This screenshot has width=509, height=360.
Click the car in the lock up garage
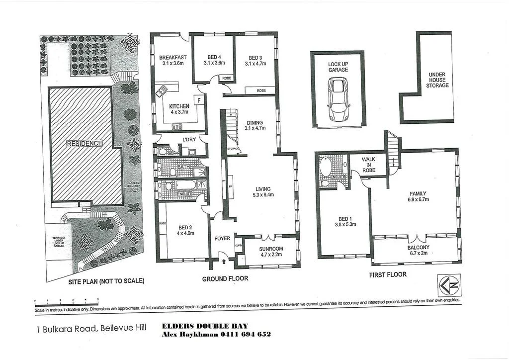tap(339, 99)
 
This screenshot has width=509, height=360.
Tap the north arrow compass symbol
tap(449, 285)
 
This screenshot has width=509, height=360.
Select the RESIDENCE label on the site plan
tap(85, 143)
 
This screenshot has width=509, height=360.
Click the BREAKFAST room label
tap(172, 58)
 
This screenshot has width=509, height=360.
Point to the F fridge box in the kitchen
tap(199, 100)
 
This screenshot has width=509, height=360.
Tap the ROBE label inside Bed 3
tap(261, 90)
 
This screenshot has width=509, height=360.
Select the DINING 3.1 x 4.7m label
tap(255, 125)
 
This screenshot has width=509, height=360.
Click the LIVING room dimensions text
tap(263, 194)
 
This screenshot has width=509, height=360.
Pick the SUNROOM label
tap(271, 249)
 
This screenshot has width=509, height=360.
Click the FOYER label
tap(222, 239)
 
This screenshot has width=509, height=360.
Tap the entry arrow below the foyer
tap(223, 261)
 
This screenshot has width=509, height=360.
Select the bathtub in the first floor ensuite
tap(326, 166)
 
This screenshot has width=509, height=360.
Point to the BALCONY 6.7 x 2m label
tap(418, 250)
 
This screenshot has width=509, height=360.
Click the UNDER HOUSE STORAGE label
tap(437, 80)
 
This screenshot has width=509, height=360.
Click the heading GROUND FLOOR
tap(225, 279)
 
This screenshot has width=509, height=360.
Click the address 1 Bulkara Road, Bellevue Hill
tap(91, 329)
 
